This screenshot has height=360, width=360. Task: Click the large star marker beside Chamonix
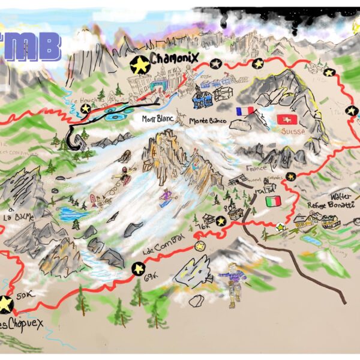coord(139,64)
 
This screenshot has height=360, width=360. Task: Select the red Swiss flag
coord(286,119)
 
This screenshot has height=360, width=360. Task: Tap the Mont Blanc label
coord(157,119)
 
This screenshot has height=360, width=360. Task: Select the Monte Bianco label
coord(207,121)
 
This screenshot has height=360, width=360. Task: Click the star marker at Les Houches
coord(86,109)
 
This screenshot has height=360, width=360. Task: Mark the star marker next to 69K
coord(138,268)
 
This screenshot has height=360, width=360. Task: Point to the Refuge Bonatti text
coord(331,205)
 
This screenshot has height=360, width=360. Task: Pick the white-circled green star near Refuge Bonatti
coord(280,227)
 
